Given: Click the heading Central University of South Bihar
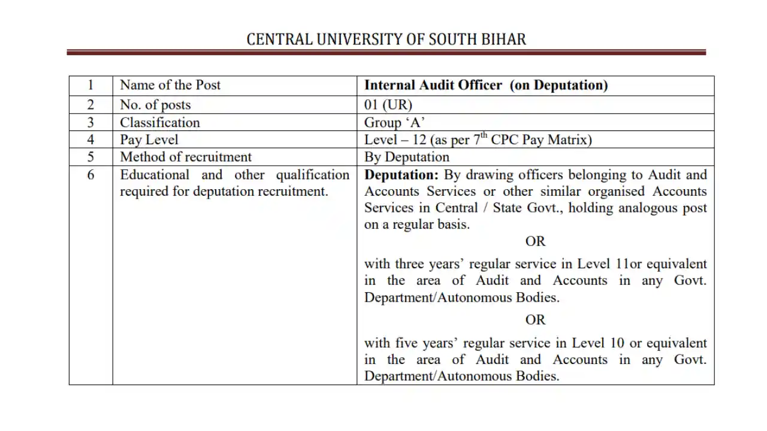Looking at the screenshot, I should (386, 40).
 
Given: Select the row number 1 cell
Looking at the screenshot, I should (90, 85).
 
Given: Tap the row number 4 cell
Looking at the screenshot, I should (90, 139).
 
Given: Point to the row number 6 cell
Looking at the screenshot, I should (90, 175).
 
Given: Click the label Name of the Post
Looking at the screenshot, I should (170, 85).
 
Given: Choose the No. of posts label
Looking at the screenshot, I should (155, 105).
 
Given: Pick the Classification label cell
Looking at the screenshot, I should (160, 122).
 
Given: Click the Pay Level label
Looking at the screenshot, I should (149, 139).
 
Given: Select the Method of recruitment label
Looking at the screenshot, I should (186, 157).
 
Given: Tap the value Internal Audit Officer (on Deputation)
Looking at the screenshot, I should (486, 85).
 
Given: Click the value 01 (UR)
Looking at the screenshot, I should (388, 105).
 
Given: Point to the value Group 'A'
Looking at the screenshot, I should (394, 122).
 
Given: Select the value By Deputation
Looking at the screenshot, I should (407, 157).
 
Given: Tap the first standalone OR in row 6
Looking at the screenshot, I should (535, 241).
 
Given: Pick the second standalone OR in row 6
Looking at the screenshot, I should (535, 320).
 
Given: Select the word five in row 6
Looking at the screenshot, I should (407, 343).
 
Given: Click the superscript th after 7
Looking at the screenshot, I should (484, 136).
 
